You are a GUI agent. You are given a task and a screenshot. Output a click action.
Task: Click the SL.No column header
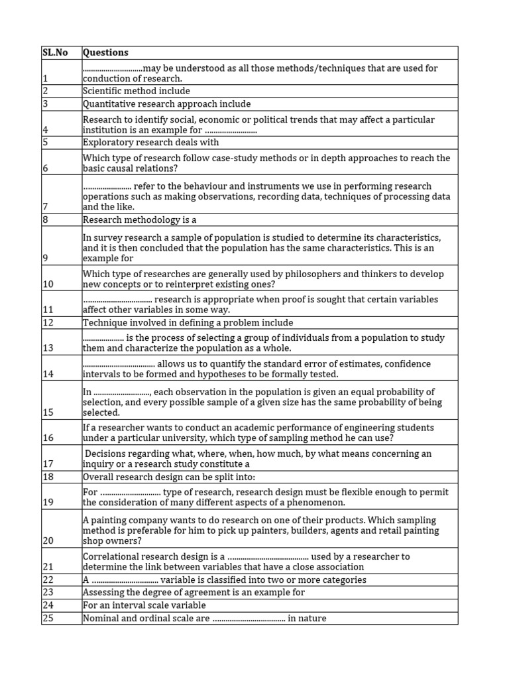pyautogui.click(x=55, y=52)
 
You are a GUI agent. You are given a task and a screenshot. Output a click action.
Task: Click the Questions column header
pyautogui.click(x=105, y=52)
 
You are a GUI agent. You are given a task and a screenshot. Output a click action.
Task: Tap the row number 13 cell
pyautogui.click(x=47, y=348)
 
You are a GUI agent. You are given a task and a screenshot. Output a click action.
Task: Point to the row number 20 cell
pyautogui.click(x=48, y=541)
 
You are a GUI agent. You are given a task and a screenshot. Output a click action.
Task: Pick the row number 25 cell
pyautogui.click(x=48, y=619)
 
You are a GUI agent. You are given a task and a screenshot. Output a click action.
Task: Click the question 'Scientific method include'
pyautogui.click(x=136, y=91)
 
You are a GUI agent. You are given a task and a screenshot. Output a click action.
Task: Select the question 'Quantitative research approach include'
pyautogui.click(x=166, y=104)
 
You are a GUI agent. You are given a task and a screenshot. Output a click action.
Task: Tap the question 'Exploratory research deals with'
pyautogui.click(x=150, y=143)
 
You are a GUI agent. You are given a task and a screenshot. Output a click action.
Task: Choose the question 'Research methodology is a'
pyautogui.click(x=140, y=219)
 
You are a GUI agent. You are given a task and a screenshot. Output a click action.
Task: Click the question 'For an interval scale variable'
pyautogui.click(x=144, y=605)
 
